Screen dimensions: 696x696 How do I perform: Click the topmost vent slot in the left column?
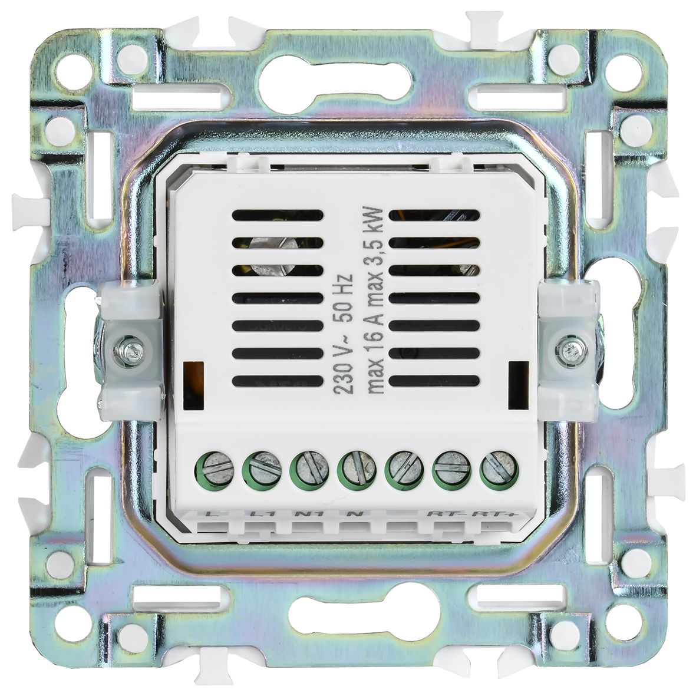(278, 216)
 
